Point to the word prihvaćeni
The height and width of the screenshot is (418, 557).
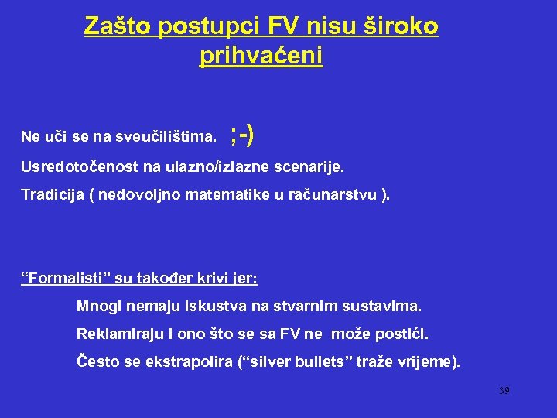coord(261,56)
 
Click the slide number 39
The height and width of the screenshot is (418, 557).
coord(504,391)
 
